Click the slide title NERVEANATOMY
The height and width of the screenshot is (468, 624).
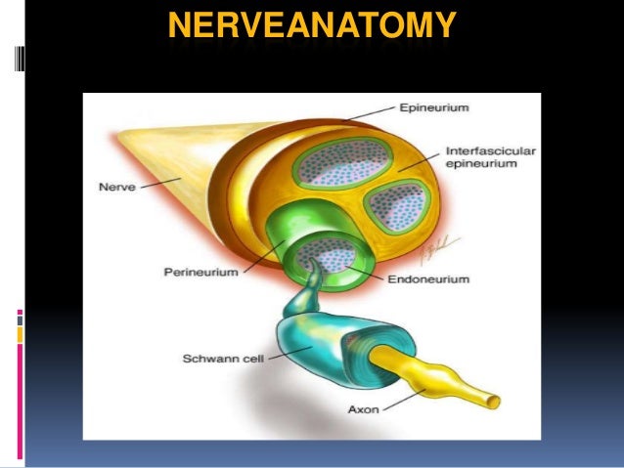coord(312,27)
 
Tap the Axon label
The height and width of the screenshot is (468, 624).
coord(363,410)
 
